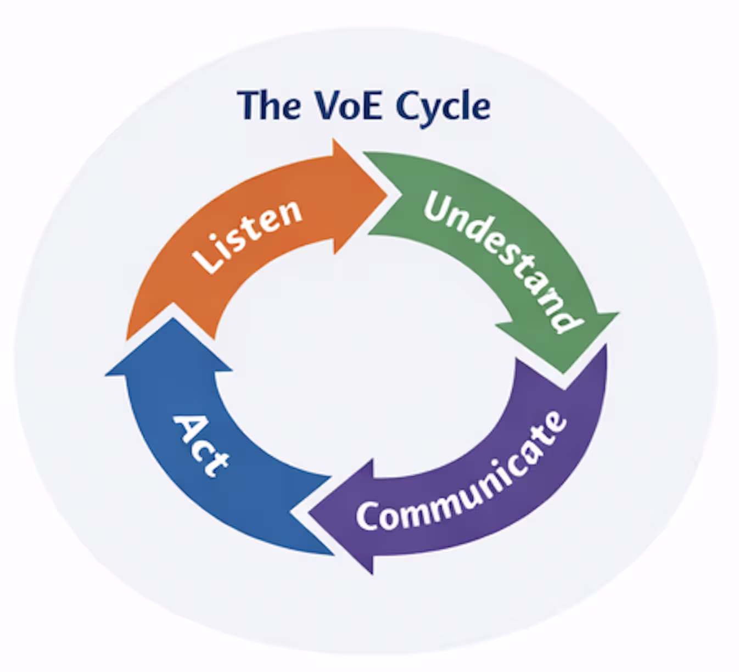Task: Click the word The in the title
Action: click(269, 105)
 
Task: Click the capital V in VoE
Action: click(326, 105)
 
